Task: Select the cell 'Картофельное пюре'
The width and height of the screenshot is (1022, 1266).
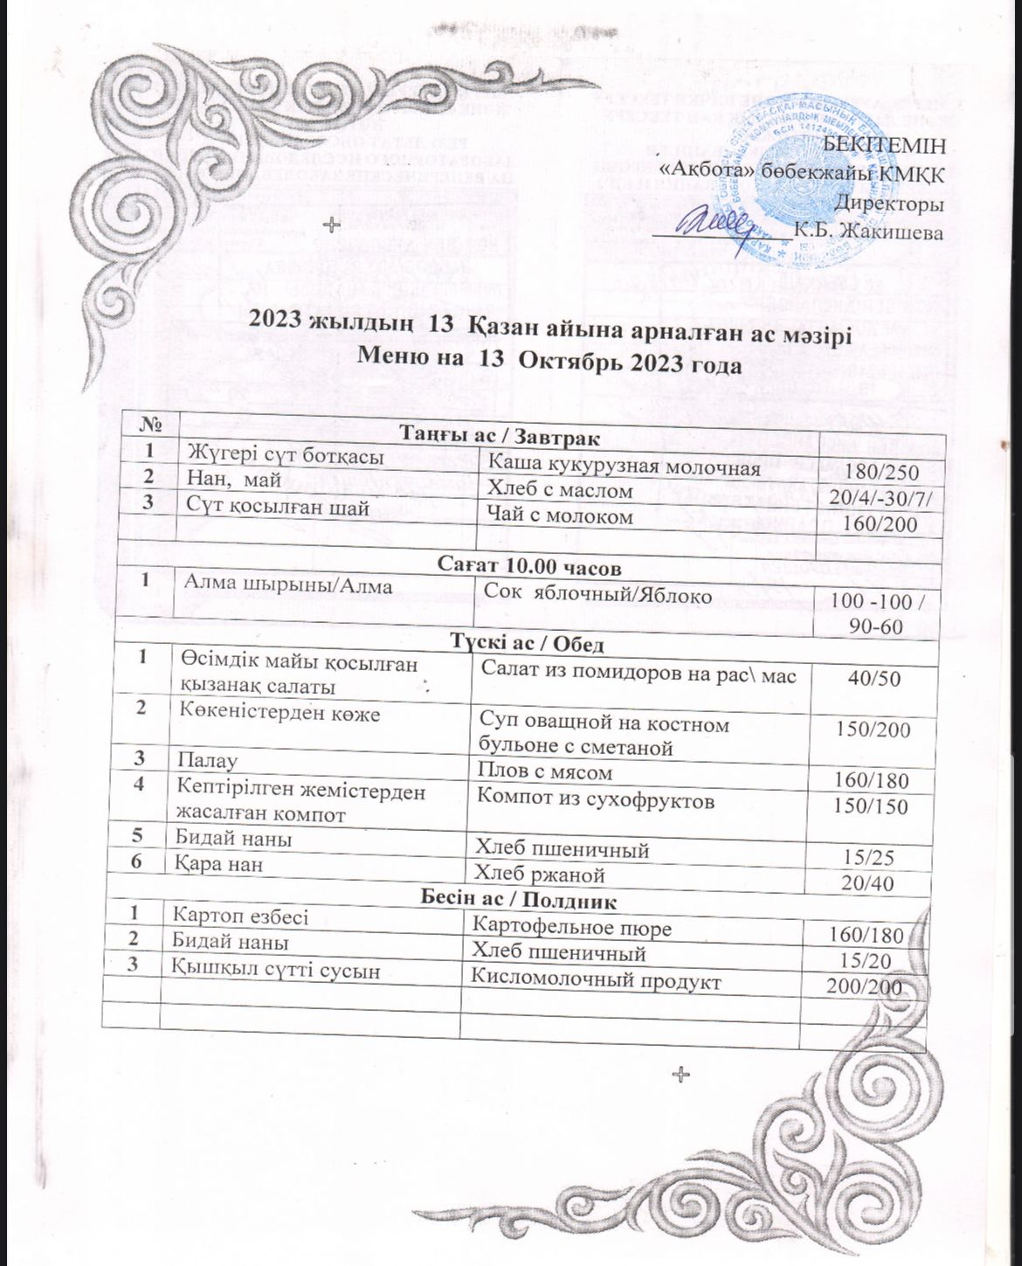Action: pos(571,924)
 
